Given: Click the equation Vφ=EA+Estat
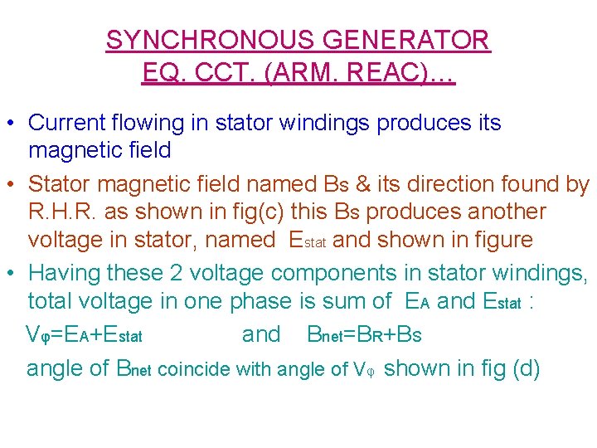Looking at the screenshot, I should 85,335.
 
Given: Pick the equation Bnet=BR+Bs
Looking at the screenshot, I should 364,335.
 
